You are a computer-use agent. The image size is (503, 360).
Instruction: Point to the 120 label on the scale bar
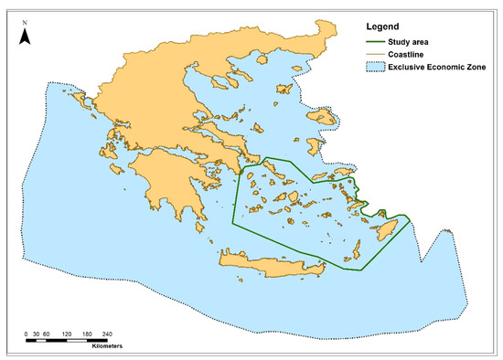(x=68, y=335)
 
